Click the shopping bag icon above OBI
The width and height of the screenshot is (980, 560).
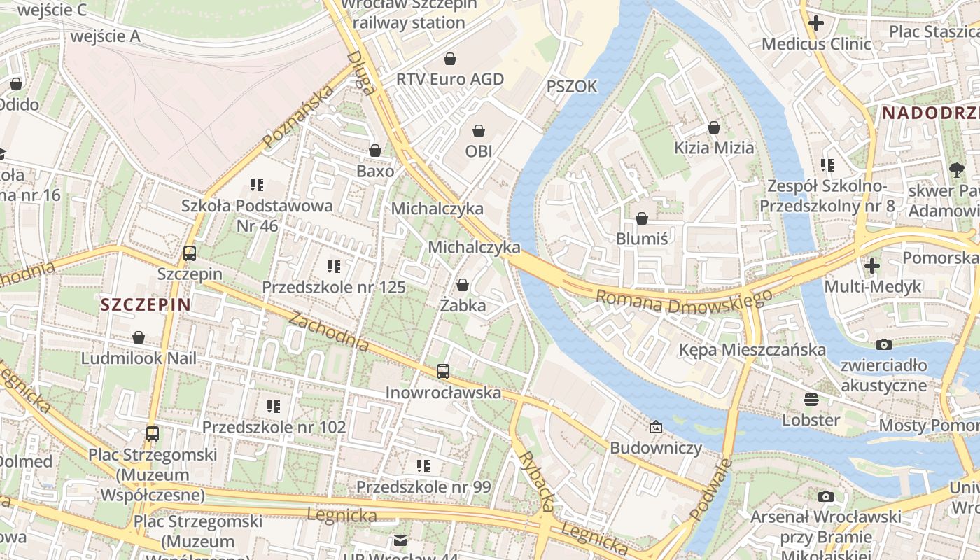coord(479,131)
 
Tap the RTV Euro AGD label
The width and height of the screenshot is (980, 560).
coord(450,79)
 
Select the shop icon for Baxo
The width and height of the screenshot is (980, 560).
coord(375,150)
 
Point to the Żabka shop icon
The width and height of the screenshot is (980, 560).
coord(463,285)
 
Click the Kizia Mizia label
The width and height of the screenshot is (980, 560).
coord(714,148)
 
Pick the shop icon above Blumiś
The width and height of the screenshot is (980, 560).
coord(642,218)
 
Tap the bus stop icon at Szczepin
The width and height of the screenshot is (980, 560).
coord(190,253)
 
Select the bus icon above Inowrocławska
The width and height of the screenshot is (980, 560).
coord(443,372)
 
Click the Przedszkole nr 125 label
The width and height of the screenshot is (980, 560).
coord(334,287)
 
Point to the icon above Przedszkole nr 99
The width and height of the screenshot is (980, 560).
coord(423,466)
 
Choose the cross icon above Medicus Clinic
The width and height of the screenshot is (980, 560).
coord(815,23)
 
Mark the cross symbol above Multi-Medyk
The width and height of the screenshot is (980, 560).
coord(872,266)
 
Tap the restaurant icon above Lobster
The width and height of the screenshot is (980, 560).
coord(811,400)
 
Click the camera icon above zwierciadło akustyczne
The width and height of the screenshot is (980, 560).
coord(884,344)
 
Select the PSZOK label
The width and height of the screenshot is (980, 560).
coord(572,86)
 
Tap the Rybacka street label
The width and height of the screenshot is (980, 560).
coord(537,482)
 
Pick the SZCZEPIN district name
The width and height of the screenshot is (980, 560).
coord(146,304)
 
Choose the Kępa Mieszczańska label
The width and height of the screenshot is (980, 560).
coord(752,349)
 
